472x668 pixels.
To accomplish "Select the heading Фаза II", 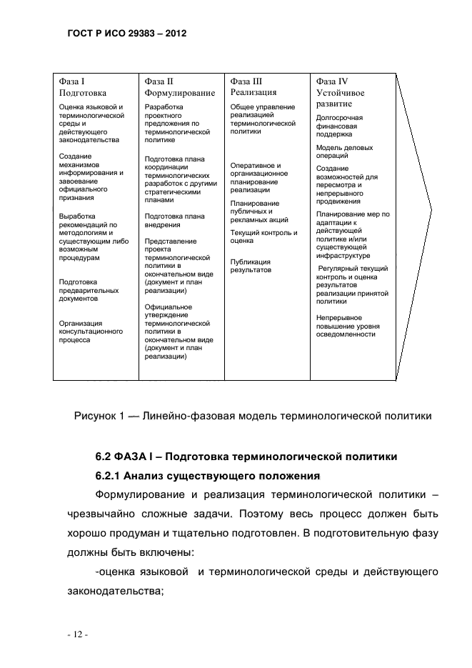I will pos(159,81).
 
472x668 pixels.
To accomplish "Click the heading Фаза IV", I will pos(332,81).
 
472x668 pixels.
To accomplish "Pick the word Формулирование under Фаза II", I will pos(179,93).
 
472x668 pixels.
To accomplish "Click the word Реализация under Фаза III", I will pos(253,92).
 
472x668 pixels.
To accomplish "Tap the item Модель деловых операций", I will pos(344,151).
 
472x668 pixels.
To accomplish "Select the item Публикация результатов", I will pos(251,266).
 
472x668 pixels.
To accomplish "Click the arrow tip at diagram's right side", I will pos(431,210).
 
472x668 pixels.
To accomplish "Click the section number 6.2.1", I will pos(111,476).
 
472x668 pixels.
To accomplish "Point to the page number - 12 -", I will pos(73,633).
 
